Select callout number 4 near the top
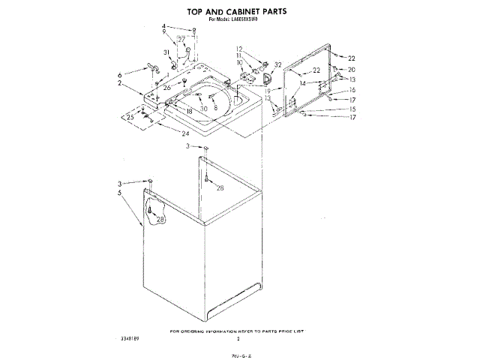pyautogui.click(x=163, y=27)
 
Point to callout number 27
pyautogui.click(x=181, y=38)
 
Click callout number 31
pyautogui.click(x=167, y=52)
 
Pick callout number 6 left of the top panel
pyautogui.click(x=119, y=76)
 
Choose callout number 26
pyautogui.click(x=167, y=88)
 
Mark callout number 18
pyautogui.click(x=189, y=111)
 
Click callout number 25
pyautogui.click(x=130, y=118)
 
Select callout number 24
pyautogui.click(x=184, y=133)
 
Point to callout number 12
pyautogui.click(x=239, y=49)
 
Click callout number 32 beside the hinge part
pyautogui.click(x=277, y=65)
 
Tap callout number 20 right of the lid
pyautogui.click(x=351, y=69)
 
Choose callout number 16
pyautogui.click(x=351, y=89)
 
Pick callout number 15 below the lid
pyautogui.click(x=351, y=109)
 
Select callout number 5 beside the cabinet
pyautogui.click(x=119, y=193)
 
